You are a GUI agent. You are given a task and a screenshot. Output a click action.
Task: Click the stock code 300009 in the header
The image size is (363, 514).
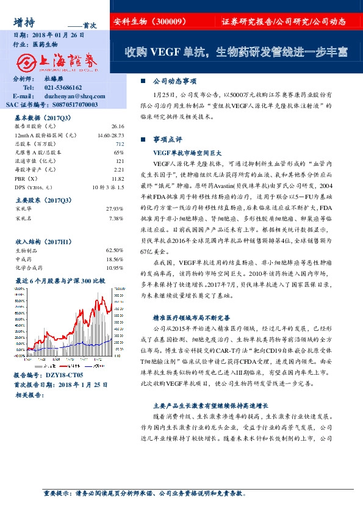tap(171, 21)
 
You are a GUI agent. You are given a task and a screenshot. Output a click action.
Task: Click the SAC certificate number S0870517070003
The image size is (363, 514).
tap(67, 104)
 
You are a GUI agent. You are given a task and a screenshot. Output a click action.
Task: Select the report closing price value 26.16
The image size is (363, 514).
tap(118, 126)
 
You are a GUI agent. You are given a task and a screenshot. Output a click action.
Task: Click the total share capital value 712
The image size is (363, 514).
tap(120, 143)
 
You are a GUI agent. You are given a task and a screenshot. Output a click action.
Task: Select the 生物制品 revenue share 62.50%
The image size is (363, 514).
tap(115, 250)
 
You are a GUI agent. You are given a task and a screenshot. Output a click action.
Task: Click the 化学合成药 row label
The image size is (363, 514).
tap(30, 267)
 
